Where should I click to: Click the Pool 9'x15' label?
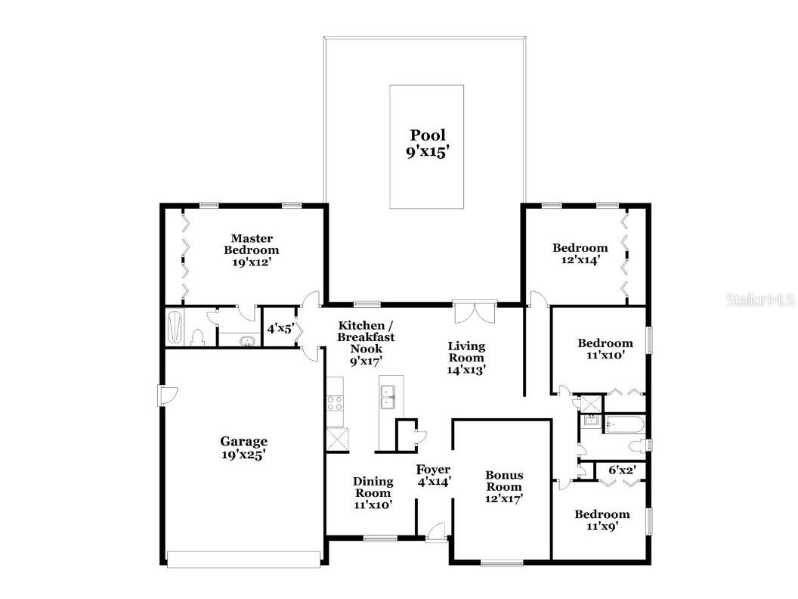pyautogui.click(x=428, y=144)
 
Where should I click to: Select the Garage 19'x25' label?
pyautogui.click(x=244, y=448)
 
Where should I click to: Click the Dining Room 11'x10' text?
pyautogui.click(x=373, y=493)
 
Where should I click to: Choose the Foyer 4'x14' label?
pyautogui.click(x=434, y=475)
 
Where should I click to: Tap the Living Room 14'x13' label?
pyautogui.click(x=466, y=358)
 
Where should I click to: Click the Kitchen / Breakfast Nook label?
pyautogui.click(x=366, y=337)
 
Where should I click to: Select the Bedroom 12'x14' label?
pyautogui.click(x=580, y=253)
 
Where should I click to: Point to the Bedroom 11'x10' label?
pyautogui.click(x=605, y=349)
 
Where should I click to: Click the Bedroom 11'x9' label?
pyautogui.click(x=602, y=520)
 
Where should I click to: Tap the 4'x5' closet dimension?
pyautogui.click(x=280, y=328)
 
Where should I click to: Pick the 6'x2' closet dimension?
pyautogui.click(x=623, y=470)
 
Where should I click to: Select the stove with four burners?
pyautogui.click(x=335, y=403)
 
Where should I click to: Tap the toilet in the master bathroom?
pyautogui.click(x=197, y=338)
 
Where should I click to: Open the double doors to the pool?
pyautogui.click(x=475, y=312)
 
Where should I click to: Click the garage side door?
pyautogui.click(x=168, y=395)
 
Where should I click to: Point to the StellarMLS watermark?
pyautogui.click(x=760, y=299)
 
